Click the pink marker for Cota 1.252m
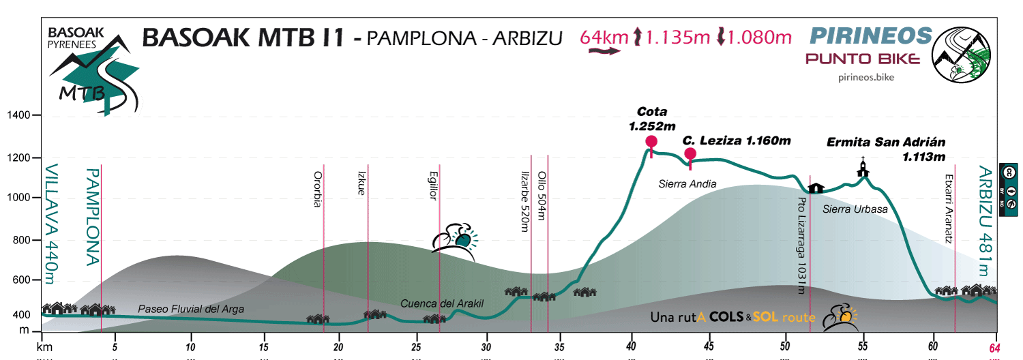651,142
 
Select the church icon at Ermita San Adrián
863,167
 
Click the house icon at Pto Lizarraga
816,187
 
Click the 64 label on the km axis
997,348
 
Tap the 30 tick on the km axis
487,348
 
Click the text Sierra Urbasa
855,209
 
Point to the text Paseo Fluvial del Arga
190,310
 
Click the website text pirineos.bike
865,78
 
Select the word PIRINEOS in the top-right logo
870,35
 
